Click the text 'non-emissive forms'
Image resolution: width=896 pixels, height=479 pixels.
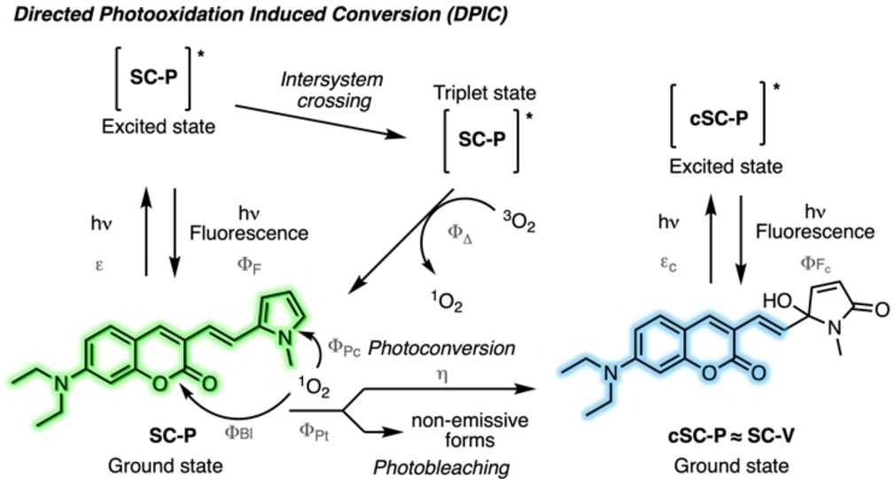coord(451,428)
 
